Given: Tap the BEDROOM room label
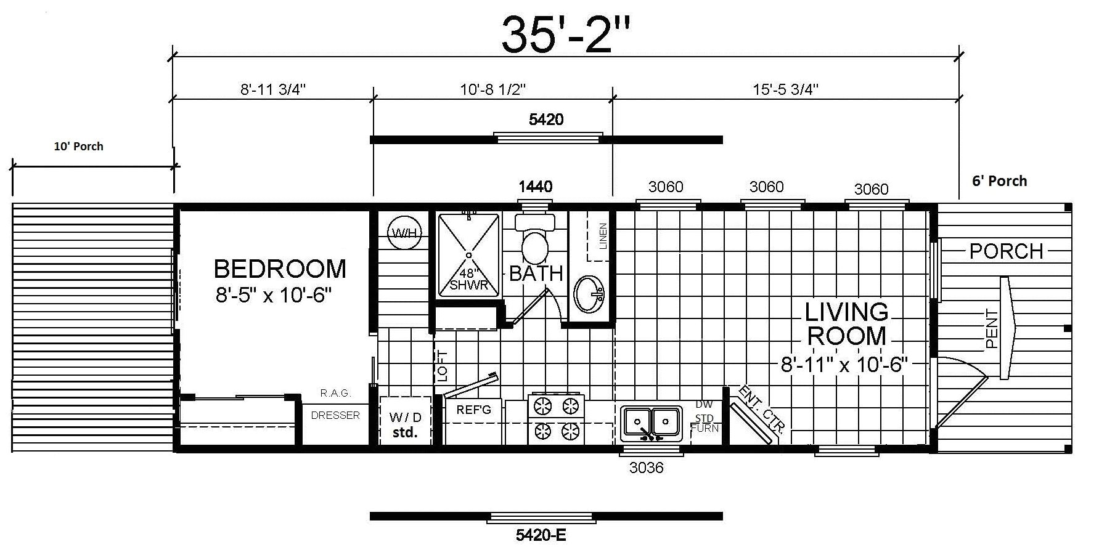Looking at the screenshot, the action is coord(280,269).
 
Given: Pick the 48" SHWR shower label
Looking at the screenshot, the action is coord(468,279).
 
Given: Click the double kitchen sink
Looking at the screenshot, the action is coord(652,423).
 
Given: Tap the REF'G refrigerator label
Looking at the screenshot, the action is coord(473,409).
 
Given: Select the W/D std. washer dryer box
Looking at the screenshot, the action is coord(405,424).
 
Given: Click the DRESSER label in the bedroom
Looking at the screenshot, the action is coord(335,415).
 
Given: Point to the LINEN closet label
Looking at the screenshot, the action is coord(603,236).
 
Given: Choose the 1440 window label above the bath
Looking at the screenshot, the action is coord(535,186).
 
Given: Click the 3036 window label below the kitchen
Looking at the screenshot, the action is coord(647,468).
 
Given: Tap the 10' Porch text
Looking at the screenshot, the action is coord(78,147).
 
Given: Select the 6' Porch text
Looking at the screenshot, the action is coord(1000,181).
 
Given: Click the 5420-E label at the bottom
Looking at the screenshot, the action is coord(541,535).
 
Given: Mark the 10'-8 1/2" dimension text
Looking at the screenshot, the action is coord(492,90).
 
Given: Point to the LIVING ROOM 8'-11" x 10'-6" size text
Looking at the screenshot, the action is coord(844,365).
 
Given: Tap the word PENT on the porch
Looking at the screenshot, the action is coord(991,329).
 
